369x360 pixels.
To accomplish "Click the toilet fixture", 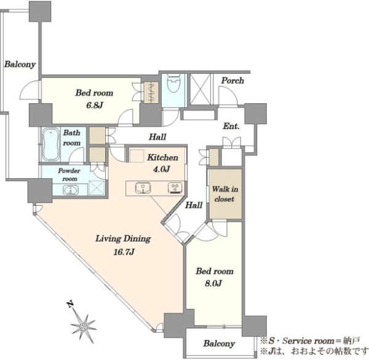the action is (x=173, y=83).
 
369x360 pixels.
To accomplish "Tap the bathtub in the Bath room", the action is (x=50, y=144).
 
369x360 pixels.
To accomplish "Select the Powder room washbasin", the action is (x=71, y=190).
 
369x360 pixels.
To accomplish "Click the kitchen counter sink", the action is (x=143, y=188).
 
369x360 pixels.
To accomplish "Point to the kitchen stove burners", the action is (x=175, y=188).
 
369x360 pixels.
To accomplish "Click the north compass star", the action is (x=83, y=326).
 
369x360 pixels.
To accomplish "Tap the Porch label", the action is (x=232, y=81).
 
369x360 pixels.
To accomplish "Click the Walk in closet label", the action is (x=224, y=194).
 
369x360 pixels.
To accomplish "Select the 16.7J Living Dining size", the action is (x=124, y=252).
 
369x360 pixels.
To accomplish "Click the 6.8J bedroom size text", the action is (x=95, y=105).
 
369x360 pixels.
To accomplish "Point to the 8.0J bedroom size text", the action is (x=213, y=283).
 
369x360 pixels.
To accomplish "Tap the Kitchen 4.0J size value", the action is (x=161, y=169).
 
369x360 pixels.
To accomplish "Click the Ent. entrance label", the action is (x=231, y=127).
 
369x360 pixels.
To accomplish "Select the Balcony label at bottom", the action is (x=219, y=344).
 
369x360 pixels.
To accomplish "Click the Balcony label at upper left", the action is (x=20, y=64).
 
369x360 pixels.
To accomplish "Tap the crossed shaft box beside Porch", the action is (x=200, y=88).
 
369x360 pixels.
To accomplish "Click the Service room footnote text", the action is (x=309, y=341).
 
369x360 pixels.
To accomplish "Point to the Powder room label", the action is (x=69, y=174).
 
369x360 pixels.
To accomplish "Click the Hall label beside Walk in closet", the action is (x=194, y=205).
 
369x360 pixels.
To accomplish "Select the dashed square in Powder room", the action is (x=96, y=187).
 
